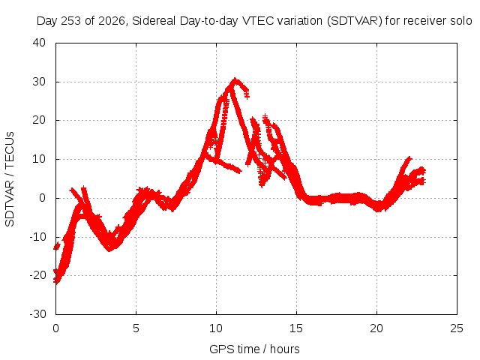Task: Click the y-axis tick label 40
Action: click(39, 43)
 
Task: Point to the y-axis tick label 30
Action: click(39, 82)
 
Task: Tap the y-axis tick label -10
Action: click(37, 237)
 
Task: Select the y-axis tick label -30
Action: click(37, 314)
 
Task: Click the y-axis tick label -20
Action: click(37, 275)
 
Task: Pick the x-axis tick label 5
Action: click(136, 328)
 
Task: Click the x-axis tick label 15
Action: click(296, 328)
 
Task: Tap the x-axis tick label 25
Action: click(457, 328)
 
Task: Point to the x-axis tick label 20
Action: click(376, 328)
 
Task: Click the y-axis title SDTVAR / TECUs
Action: click(10, 179)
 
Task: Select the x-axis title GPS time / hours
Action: click(254, 349)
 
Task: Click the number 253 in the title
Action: click(72, 21)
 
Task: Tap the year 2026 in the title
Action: click(112, 21)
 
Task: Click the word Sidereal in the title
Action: click(154, 21)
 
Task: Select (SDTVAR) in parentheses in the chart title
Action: click(355, 21)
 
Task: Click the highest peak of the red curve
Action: click(235, 79)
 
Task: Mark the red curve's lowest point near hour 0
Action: click(56, 282)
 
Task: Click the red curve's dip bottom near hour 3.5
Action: click(109, 250)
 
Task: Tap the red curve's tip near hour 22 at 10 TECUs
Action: click(409, 158)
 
